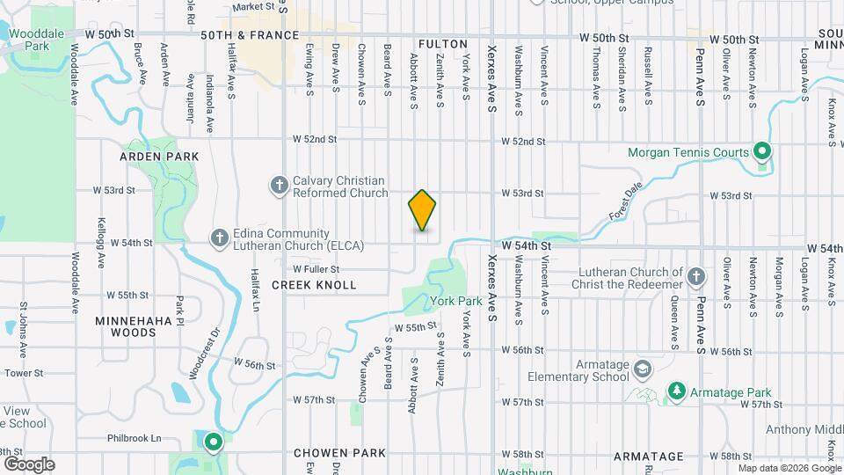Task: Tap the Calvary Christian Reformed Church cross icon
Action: (x=279, y=185)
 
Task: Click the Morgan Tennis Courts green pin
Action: (x=762, y=152)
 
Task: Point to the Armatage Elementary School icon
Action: (x=643, y=368)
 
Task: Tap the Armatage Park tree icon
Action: (x=676, y=391)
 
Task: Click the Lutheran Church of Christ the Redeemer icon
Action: (x=695, y=276)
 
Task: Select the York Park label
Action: (x=456, y=301)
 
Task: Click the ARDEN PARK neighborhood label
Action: (x=160, y=157)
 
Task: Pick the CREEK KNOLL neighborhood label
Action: (x=314, y=285)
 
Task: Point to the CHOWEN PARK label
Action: (x=339, y=454)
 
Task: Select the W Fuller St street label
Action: (x=316, y=269)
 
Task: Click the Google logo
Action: (x=28, y=464)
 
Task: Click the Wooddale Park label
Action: (x=37, y=39)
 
